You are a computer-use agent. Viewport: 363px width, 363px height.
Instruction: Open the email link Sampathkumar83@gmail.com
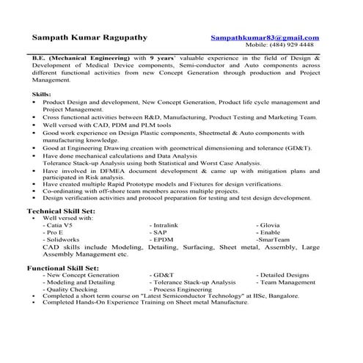click(x=265, y=37)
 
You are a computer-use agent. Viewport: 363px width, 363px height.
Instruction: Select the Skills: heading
click(x=42, y=95)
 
